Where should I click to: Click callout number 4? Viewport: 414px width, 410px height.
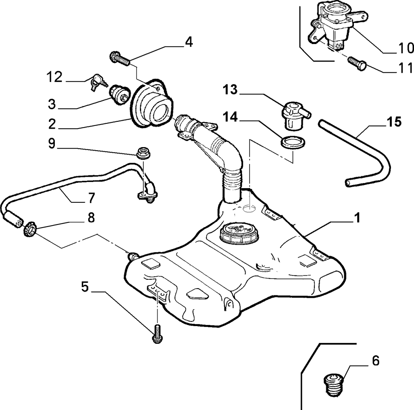[x=189, y=42]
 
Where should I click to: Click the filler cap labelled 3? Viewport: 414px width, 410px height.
[x=120, y=95]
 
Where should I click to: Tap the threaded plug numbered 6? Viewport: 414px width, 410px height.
[x=334, y=385]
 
